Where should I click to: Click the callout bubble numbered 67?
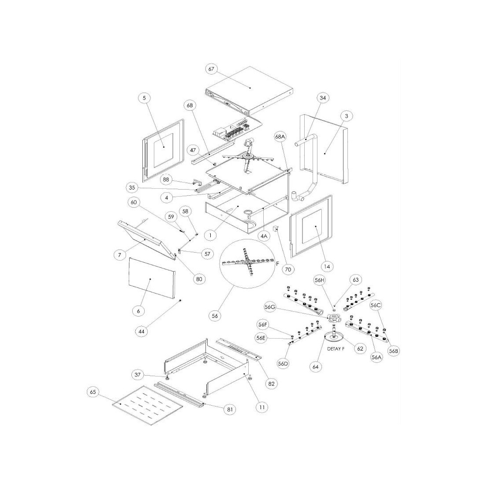click(x=212, y=69)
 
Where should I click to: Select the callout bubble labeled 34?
click(x=324, y=97)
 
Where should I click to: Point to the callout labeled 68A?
click(x=281, y=137)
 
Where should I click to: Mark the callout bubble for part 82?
click(x=271, y=384)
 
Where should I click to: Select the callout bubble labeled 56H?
click(x=320, y=280)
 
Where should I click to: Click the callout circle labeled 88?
click(x=166, y=179)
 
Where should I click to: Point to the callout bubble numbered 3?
click(x=347, y=116)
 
